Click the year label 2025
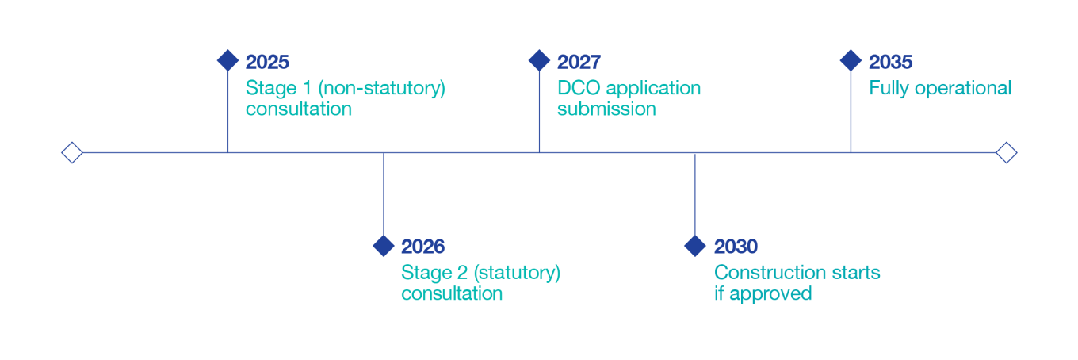[x=267, y=63]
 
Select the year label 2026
[x=422, y=247]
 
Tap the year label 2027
[x=579, y=63]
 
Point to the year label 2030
[x=736, y=247]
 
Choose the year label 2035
[x=890, y=63]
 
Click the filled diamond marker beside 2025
[x=227, y=60]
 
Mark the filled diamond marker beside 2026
[x=384, y=246]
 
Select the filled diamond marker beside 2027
[x=539, y=60]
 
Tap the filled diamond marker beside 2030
[x=695, y=246]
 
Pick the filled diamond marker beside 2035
[x=851, y=60]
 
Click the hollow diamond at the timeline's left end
[x=72, y=152]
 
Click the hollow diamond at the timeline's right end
[x=1006, y=152]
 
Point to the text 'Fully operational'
[x=939, y=88]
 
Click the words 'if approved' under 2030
[x=763, y=293]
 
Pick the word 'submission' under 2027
[x=606, y=109]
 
